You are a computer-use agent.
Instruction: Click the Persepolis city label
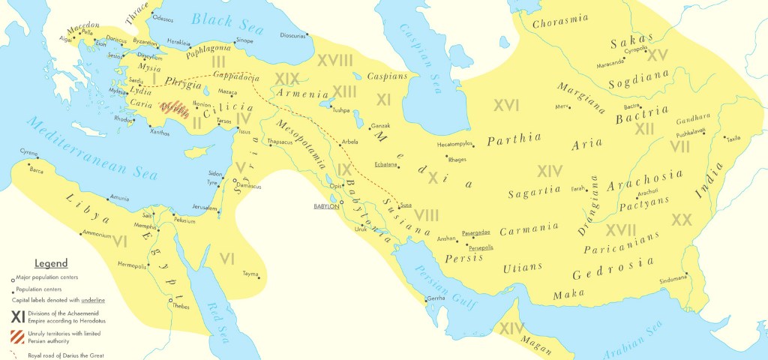[479, 247]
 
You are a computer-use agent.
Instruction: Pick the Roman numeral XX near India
[681, 220]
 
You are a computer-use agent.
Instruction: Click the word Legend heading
[51, 263]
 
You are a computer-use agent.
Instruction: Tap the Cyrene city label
[28, 151]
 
